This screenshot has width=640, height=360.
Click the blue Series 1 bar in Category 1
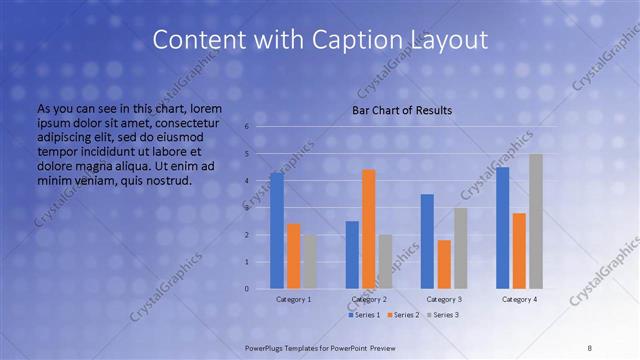point(277,231)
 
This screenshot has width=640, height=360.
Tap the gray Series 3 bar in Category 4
point(536,221)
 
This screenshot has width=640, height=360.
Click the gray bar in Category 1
point(310,262)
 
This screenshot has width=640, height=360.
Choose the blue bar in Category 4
point(502,228)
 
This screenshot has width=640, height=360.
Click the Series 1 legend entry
point(364,315)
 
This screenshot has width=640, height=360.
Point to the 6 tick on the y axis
point(246,127)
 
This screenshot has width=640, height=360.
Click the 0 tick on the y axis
point(246,289)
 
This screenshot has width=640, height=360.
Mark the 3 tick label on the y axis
point(246,208)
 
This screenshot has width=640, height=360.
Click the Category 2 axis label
point(369,299)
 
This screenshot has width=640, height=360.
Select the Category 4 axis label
point(519,299)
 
